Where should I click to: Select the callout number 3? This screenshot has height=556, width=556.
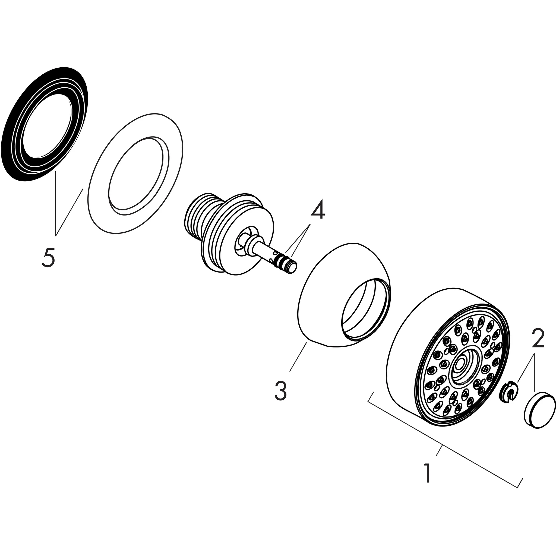[281, 390]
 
